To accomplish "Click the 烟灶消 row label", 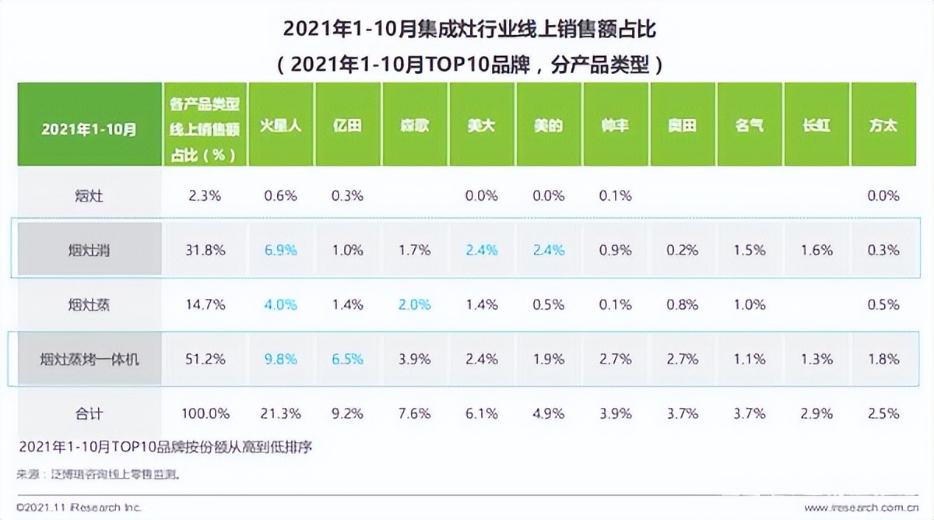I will [x=89, y=250].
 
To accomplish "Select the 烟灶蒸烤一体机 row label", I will [x=89, y=359].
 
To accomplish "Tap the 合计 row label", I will [x=89, y=413].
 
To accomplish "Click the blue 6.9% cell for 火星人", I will [x=280, y=250].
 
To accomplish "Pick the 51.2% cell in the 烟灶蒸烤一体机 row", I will [x=207, y=359].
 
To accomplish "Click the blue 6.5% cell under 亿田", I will [x=347, y=359].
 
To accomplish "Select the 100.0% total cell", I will [x=207, y=413].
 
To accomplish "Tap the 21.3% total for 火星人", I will [x=280, y=413].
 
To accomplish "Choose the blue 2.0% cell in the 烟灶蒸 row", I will [x=414, y=304].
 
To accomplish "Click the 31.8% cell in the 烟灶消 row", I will [x=207, y=250].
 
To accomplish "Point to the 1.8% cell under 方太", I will [x=883, y=359].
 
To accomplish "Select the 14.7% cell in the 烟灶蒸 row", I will [x=207, y=304].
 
